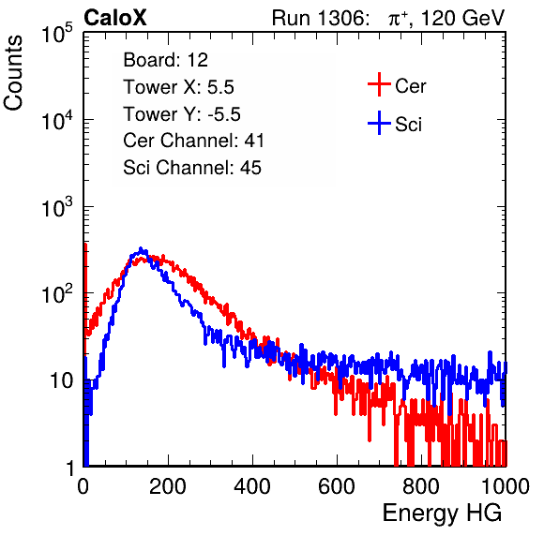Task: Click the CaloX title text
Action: coord(115,18)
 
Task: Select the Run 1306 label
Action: coord(320,18)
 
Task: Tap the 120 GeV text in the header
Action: coord(462,18)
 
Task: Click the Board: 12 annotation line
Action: coord(165,60)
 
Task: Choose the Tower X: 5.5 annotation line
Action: coord(178,87)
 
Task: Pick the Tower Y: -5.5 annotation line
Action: coord(182,114)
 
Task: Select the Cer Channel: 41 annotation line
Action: coord(193,141)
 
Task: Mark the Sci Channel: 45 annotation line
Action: coord(192,168)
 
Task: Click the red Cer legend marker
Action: coord(379,84)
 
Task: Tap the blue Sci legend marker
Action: coord(379,123)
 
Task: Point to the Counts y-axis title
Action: coord(13,73)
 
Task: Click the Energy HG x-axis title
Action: coord(442,514)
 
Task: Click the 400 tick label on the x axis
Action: coord(252,486)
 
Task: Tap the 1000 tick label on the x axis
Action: coord(506,486)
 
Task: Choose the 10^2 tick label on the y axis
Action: coord(57,293)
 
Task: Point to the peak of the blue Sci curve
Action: coord(141,248)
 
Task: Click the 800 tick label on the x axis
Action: coord(421,486)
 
